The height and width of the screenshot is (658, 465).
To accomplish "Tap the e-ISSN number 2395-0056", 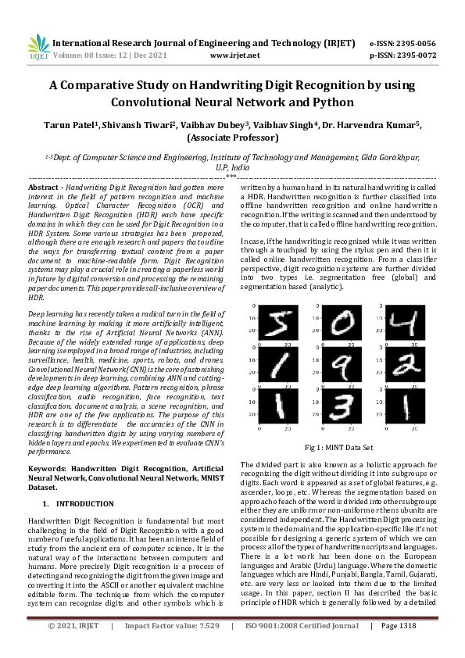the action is (417, 43).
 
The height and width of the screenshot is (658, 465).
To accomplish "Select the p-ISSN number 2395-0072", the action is (417, 55).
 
